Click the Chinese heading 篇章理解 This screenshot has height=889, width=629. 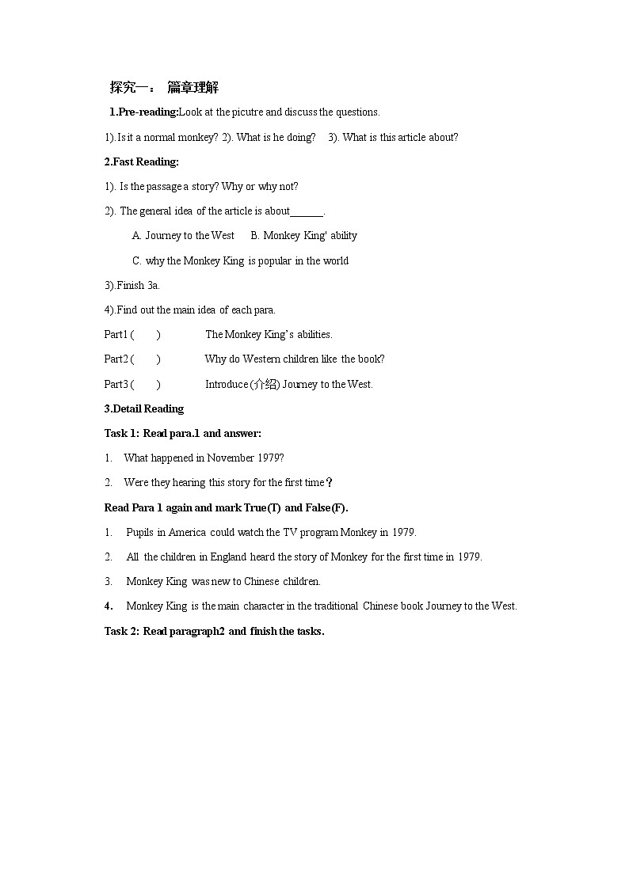(193, 87)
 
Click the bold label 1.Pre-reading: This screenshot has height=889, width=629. (143, 112)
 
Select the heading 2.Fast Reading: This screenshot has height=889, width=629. (142, 161)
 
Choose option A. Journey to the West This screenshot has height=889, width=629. (183, 235)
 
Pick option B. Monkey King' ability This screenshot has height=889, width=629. (303, 235)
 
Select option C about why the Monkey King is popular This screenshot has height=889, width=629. (240, 260)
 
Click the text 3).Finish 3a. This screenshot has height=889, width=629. (132, 285)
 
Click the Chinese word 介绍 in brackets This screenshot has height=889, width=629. (265, 385)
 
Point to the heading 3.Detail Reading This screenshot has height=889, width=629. (144, 408)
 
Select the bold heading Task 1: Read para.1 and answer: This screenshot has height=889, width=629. (183, 433)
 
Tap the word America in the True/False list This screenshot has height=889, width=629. (187, 532)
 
